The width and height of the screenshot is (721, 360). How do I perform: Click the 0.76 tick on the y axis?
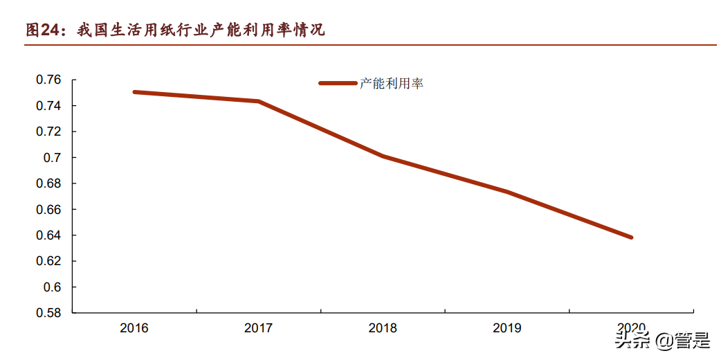click(48, 80)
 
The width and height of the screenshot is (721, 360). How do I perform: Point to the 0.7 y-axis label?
click(53, 158)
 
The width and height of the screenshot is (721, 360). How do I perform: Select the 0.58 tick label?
click(48, 313)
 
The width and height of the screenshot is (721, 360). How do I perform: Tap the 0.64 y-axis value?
click(48, 235)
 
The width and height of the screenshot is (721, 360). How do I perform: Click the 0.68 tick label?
click(48, 183)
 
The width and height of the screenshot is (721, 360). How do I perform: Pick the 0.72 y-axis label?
click(48, 132)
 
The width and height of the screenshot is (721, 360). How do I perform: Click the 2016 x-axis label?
click(134, 328)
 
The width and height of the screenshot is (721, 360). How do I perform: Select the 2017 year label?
click(259, 328)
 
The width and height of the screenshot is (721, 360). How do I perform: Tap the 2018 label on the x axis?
click(383, 328)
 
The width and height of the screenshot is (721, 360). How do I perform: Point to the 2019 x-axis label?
click(507, 328)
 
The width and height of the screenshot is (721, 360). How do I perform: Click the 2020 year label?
click(631, 327)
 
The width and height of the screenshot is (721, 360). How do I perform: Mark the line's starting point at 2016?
click(134, 92)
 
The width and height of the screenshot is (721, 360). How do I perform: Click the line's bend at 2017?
click(259, 101)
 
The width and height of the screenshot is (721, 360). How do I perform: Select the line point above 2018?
click(383, 156)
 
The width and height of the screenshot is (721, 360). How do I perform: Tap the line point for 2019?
click(507, 192)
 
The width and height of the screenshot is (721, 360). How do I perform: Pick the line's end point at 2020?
click(631, 237)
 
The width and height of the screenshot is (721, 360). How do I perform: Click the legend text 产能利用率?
click(391, 84)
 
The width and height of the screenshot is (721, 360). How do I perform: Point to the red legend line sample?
click(337, 84)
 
